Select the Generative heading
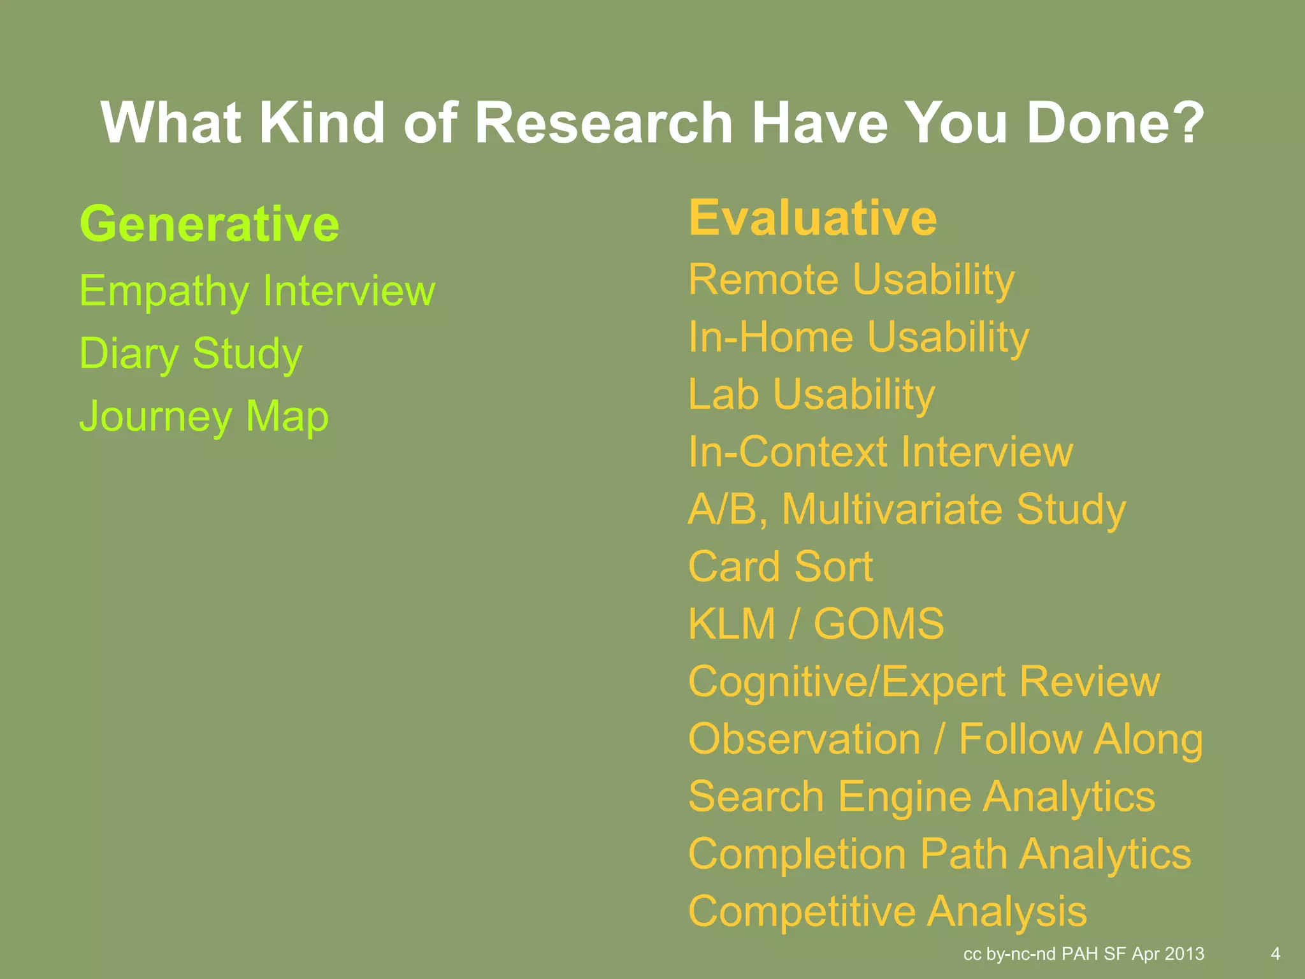click(209, 224)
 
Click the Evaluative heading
click(812, 218)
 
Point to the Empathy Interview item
click(257, 291)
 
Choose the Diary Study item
click(191, 353)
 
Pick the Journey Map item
click(204, 416)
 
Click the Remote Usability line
click(851, 280)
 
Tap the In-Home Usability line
click(858, 337)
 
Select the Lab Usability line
click(811, 395)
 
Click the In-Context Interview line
click(881, 452)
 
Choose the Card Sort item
click(781, 567)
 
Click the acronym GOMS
click(879, 624)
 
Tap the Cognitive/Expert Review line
click(924, 681)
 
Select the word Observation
click(804, 739)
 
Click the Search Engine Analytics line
click(921, 797)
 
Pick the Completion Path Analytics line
click(939, 854)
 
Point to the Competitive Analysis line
click(888, 911)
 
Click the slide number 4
click(1275, 954)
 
